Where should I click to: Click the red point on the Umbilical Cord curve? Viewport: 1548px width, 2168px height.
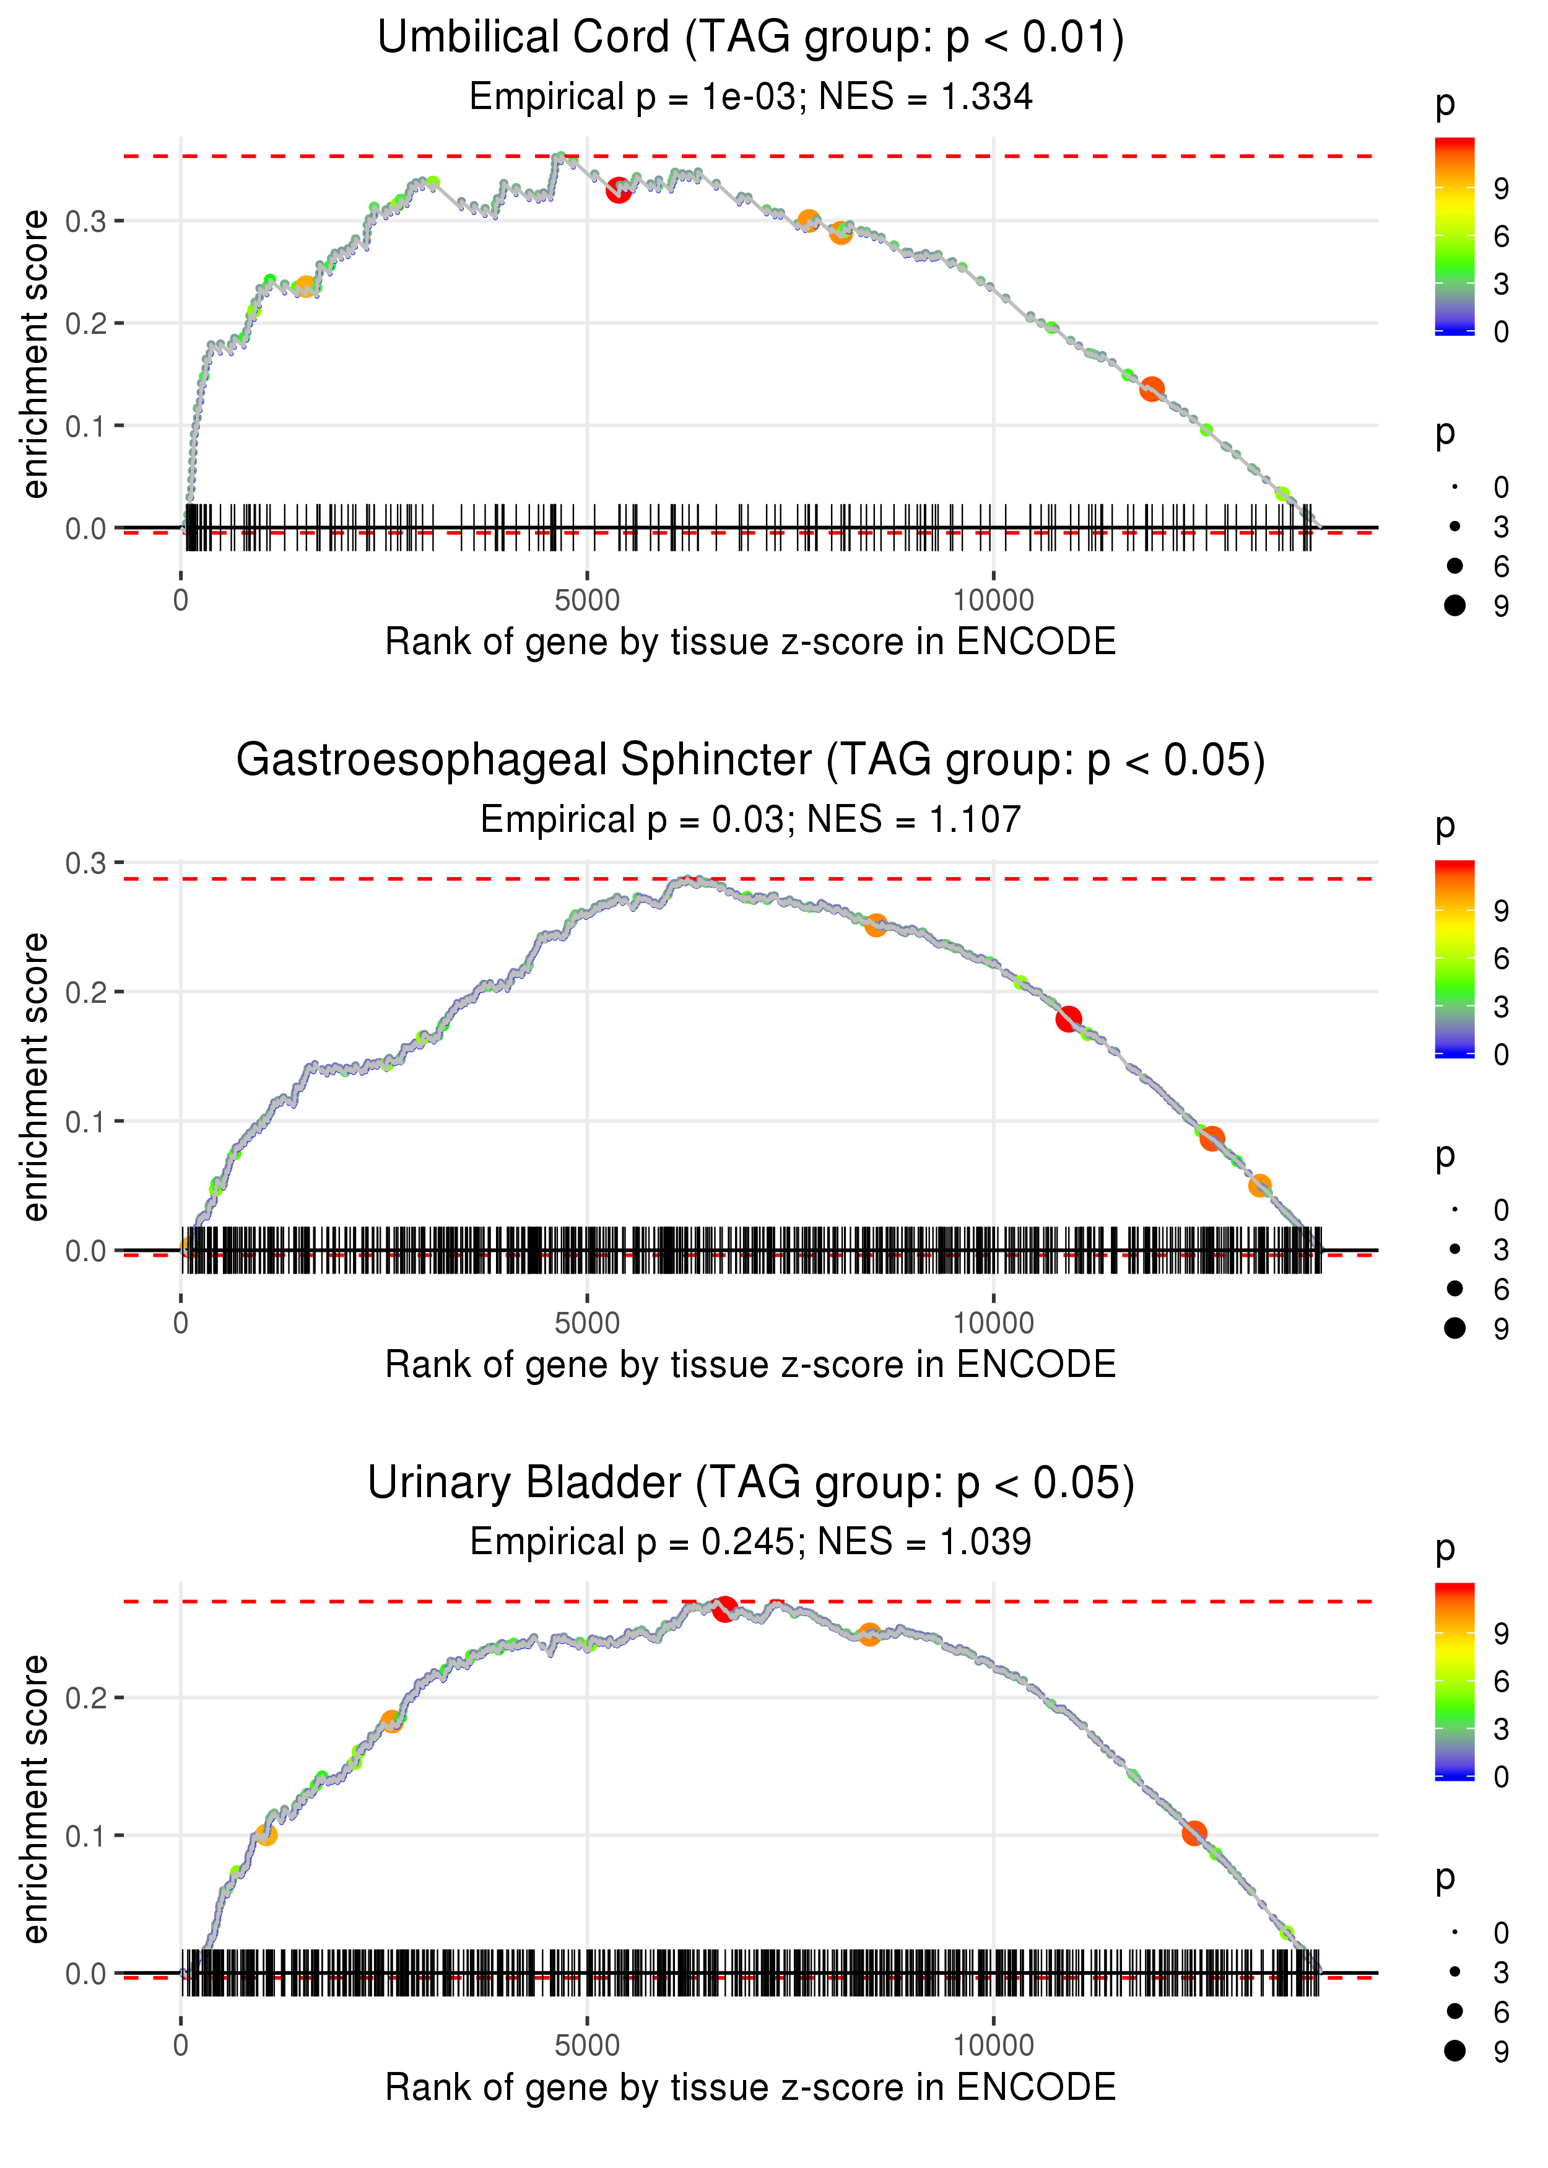pos(619,191)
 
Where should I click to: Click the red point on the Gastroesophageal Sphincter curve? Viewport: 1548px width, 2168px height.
pos(1069,1019)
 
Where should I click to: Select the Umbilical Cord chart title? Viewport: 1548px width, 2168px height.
pos(750,38)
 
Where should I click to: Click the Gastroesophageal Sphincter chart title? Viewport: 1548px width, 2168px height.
pos(750,761)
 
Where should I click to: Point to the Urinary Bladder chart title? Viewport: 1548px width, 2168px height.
pos(750,1484)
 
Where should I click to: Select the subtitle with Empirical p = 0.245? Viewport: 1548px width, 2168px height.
pos(750,1542)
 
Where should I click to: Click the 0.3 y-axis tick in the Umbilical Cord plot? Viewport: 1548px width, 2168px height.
pos(86,221)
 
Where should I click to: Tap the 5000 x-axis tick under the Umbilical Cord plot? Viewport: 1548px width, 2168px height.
pos(587,601)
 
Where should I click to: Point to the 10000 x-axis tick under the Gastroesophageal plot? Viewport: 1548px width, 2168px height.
pos(993,1323)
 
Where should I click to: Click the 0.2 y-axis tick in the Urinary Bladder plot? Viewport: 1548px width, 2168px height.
pos(86,1698)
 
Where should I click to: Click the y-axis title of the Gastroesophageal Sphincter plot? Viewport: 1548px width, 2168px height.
pos(35,1077)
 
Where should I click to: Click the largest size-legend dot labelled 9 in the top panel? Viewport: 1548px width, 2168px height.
pos(1455,605)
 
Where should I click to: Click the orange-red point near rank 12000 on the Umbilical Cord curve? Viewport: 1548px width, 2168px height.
pos(1152,389)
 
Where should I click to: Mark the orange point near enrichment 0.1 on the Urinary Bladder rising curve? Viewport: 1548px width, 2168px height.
pos(266,1834)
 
